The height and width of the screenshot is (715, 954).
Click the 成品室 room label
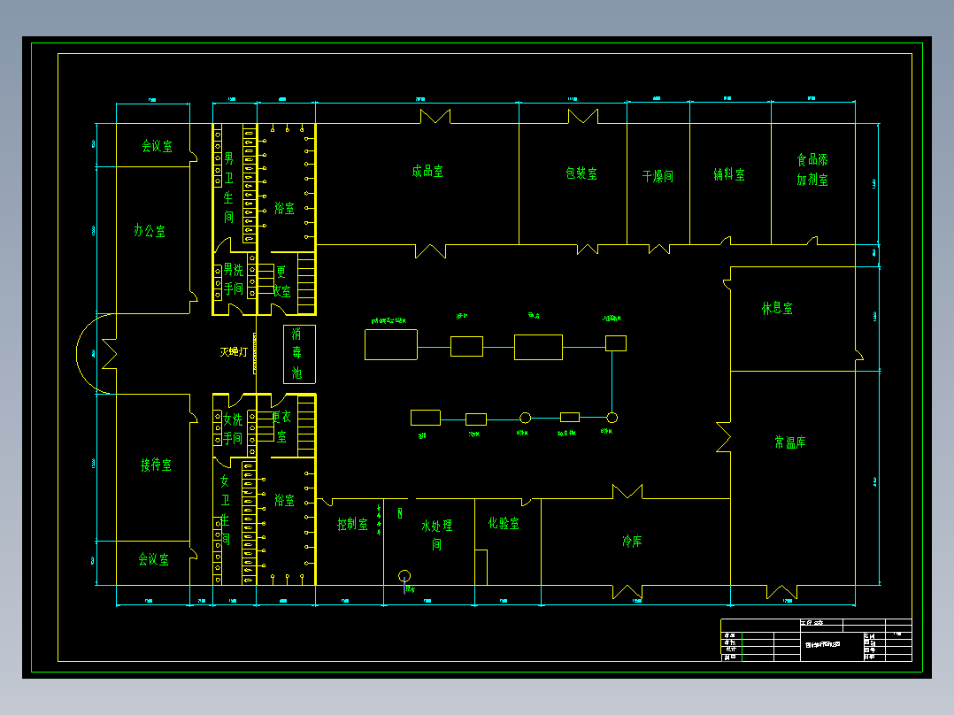tap(427, 172)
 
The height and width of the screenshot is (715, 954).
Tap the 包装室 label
tap(581, 173)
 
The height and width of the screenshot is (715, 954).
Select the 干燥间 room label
tap(658, 176)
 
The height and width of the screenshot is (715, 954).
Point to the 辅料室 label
tap(729, 175)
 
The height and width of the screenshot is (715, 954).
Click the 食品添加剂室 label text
tap(812, 170)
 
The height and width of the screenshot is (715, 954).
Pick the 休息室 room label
tap(777, 309)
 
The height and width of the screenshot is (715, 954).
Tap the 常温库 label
tap(789, 442)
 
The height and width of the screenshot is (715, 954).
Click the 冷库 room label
tap(632, 541)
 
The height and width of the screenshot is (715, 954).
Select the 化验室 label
tap(504, 523)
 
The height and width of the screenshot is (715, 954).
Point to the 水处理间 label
tap(436, 534)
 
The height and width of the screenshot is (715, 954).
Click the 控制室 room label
tap(352, 524)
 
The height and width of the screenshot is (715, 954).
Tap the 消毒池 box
tap(298, 354)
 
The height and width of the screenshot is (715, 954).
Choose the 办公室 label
tap(150, 231)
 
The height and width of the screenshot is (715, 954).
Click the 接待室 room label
tap(156, 465)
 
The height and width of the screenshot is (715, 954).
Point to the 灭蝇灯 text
tap(234, 352)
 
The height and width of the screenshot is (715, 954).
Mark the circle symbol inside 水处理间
tap(404, 575)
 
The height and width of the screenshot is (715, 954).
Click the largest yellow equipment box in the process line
tap(390, 344)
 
